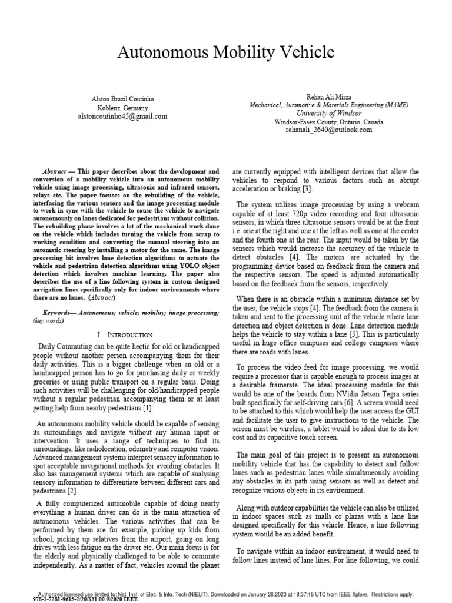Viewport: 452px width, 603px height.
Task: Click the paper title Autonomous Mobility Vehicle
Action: [226, 53]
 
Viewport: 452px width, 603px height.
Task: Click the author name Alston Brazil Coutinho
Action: [123, 100]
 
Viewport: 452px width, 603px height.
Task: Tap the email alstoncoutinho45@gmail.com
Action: [123, 117]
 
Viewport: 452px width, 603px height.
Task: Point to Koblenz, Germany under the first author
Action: [123, 108]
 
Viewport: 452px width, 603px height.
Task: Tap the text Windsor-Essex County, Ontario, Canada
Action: [328, 122]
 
